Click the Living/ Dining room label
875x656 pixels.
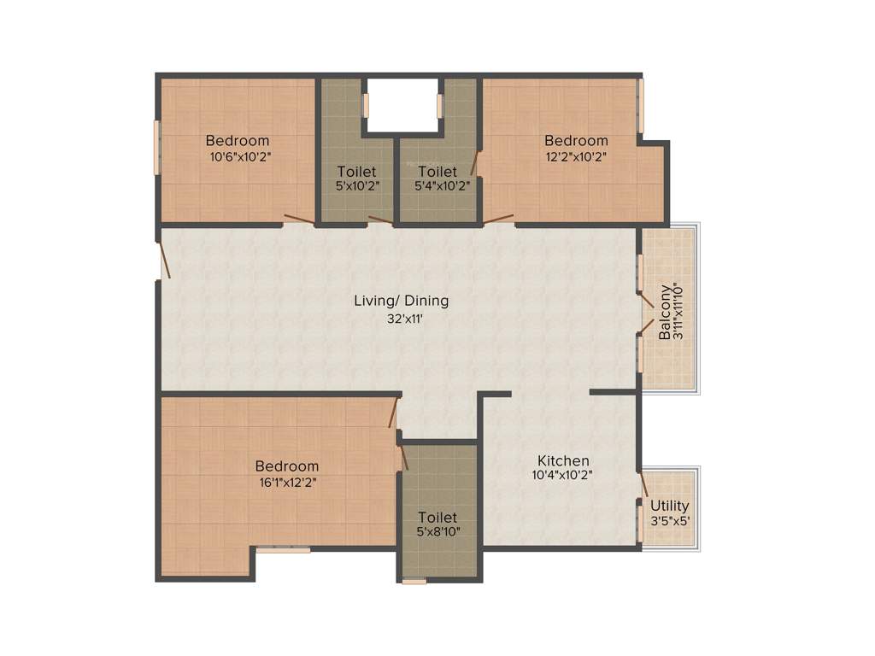coord(401,301)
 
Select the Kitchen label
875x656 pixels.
coord(562,460)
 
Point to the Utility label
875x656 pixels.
coord(669,507)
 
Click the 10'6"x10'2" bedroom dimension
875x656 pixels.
coord(240,156)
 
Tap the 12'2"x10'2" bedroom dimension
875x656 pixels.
coord(577,156)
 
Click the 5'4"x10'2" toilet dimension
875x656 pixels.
coord(438,185)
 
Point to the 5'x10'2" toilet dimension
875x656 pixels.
coord(356,185)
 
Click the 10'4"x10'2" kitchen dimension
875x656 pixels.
coord(562,476)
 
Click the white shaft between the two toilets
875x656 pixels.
coord(402,104)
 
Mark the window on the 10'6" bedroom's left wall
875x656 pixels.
coord(157,147)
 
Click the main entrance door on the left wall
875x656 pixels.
coord(165,261)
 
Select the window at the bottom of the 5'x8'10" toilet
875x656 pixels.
coord(414,581)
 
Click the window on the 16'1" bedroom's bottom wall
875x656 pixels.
coord(284,550)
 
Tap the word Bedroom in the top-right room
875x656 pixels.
coord(577,141)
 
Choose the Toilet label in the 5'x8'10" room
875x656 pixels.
coord(437,518)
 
